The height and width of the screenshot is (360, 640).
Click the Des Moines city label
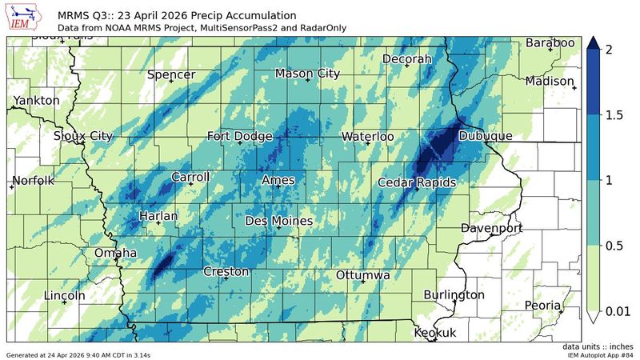tap(278, 220)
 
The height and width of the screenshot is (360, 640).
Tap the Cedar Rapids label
tap(417, 182)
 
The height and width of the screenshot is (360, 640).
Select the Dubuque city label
tap(485, 137)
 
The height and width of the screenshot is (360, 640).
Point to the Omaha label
tap(116, 254)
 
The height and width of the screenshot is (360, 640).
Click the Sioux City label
tap(83, 136)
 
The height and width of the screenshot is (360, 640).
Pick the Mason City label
tap(307, 74)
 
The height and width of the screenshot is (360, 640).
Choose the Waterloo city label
tap(367, 137)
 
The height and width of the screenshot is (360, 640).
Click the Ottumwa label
tap(362, 274)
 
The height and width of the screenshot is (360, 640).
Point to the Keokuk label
tap(435, 333)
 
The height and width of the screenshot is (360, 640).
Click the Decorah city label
tap(406, 59)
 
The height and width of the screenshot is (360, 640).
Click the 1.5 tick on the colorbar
tap(614, 115)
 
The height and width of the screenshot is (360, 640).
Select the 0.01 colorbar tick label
tap(620, 310)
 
